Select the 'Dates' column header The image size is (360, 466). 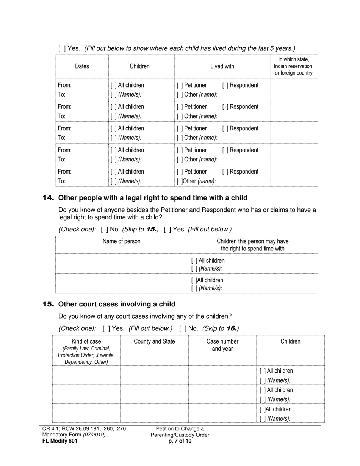(x=82, y=66)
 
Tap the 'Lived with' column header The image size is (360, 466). (x=222, y=66)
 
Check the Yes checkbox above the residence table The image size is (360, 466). (x=61, y=48)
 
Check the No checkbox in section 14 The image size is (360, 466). (x=104, y=229)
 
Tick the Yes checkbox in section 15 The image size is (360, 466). (x=106, y=328)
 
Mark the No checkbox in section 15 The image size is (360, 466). (x=182, y=328)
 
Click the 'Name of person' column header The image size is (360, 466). (x=121, y=241)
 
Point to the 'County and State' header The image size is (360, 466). (x=154, y=341)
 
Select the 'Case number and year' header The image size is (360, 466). (x=222, y=345)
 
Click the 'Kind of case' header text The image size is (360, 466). (x=86, y=341)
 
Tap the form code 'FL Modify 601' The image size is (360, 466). (x=60, y=441)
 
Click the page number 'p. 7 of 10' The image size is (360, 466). (x=180, y=441)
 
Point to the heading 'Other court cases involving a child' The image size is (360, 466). (x=117, y=304)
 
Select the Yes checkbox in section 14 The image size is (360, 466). (x=167, y=229)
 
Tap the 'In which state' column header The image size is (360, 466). (x=294, y=66)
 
